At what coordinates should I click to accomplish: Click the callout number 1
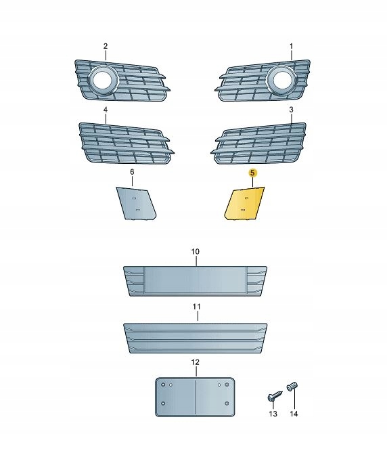291,46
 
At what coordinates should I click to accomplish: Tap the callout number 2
106,46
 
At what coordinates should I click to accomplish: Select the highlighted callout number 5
252,173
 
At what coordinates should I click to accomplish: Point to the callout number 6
132,172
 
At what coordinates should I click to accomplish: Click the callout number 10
196,252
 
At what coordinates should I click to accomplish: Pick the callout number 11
197,307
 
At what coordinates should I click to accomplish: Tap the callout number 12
196,362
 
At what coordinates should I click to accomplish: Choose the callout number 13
273,414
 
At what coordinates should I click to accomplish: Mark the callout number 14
294,414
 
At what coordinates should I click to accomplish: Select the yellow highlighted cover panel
244,203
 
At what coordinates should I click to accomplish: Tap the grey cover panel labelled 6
136,203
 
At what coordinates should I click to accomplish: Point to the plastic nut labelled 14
293,387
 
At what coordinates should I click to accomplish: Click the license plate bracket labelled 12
195,397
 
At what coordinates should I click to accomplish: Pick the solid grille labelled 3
259,143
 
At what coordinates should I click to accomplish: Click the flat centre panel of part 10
196,280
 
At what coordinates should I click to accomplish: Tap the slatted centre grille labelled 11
195,338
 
